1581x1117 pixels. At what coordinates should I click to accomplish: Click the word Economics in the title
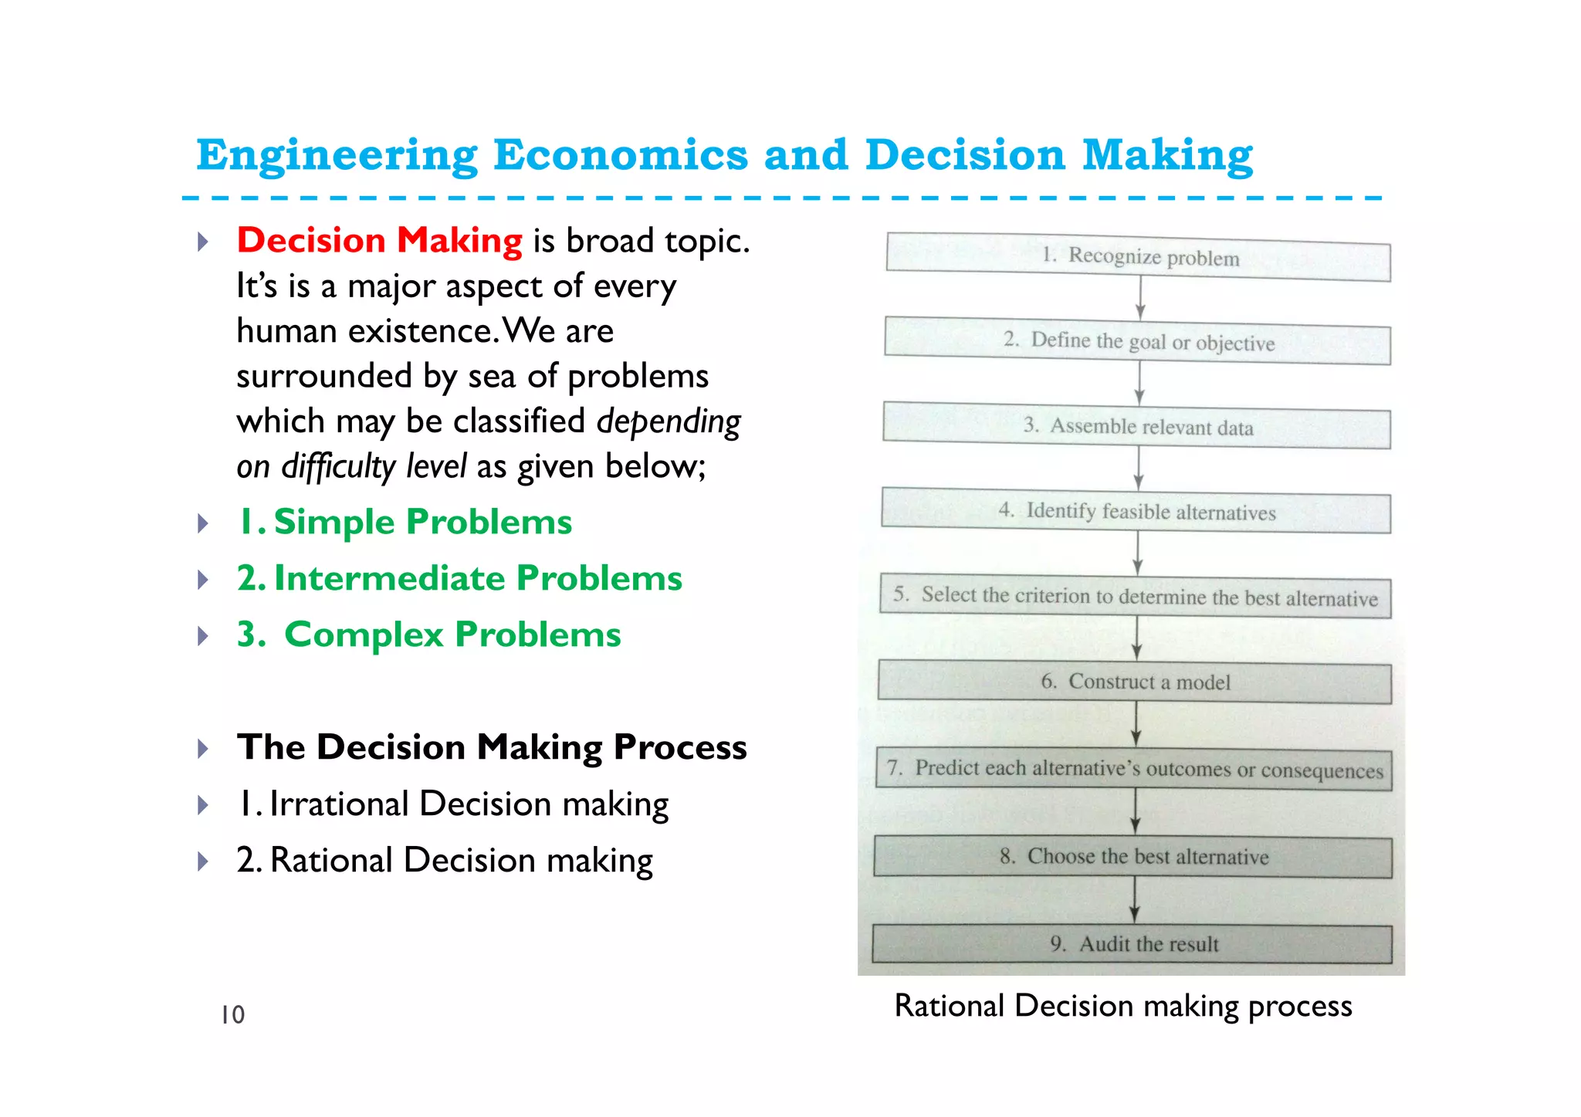620,155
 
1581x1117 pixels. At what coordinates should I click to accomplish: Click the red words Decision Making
379,241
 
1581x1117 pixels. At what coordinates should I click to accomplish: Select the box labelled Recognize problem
1138,257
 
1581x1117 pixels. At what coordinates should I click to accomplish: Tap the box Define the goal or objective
1138,341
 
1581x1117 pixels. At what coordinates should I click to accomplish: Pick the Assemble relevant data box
1137,426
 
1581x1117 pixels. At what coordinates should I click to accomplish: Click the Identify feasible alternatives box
1136,511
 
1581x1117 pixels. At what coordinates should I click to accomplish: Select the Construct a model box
1135,682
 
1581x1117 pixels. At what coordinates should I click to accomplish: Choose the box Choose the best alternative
1133,857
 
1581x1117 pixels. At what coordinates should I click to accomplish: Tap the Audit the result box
1132,944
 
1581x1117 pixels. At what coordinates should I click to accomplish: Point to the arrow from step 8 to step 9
1134,900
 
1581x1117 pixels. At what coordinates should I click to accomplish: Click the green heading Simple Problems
405,523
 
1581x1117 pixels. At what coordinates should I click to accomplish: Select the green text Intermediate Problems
460,579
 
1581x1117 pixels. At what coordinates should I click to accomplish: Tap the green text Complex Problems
429,635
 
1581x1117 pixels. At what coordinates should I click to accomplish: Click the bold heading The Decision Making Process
492,747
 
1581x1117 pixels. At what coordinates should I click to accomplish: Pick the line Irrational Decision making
453,804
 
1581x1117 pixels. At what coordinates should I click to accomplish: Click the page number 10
232,1014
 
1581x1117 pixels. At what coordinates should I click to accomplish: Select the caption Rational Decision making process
1123,1007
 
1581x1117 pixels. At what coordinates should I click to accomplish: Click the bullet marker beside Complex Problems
203,636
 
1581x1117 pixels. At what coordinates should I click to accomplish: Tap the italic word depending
669,422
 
